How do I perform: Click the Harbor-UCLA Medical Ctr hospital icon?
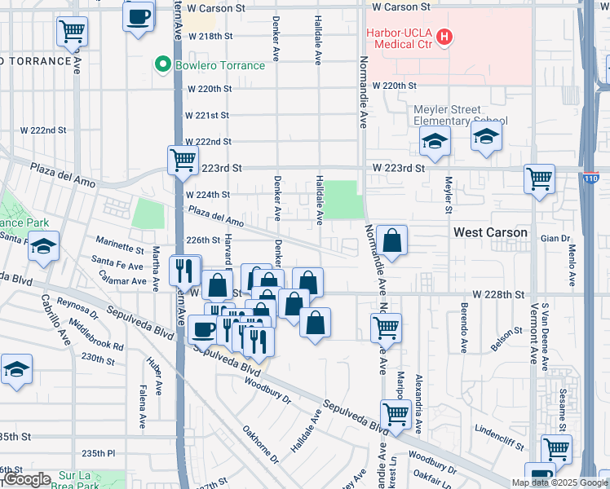click(444, 37)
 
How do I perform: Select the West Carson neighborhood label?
click(490, 233)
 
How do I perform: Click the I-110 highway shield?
click(591, 178)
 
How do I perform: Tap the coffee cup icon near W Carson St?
click(138, 15)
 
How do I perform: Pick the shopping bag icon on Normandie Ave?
click(391, 240)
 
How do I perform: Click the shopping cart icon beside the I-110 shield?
click(539, 178)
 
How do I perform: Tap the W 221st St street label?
click(208, 116)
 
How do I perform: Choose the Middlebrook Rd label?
click(97, 335)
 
